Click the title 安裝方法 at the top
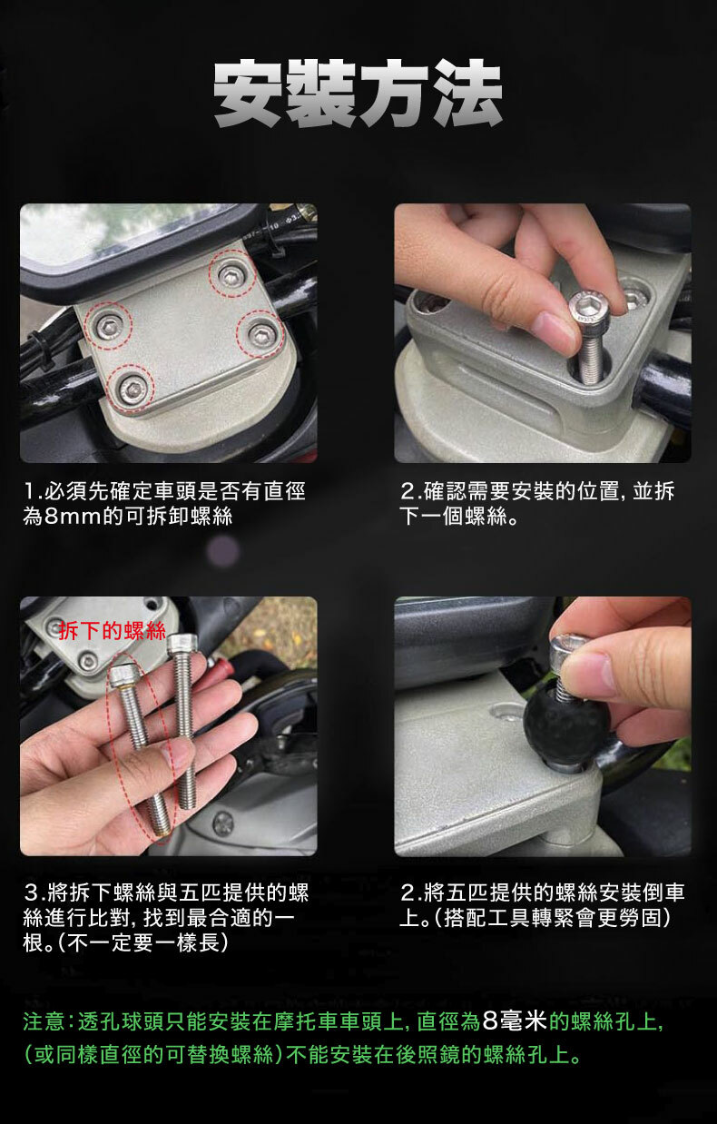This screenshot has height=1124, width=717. pyautogui.click(x=358, y=94)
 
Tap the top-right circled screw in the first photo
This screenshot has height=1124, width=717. pyautogui.click(x=231, y=274)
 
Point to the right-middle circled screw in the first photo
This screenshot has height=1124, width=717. pyautogui.click(x=260, y=334)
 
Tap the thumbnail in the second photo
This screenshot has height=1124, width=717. pyautogui.click(x=554, y=331)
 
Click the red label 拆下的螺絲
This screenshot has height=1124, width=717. pyautogui.click(x=113, y=631)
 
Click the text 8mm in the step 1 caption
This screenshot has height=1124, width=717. pyautogui.click(x=74, y=517)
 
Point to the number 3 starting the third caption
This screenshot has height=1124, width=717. pyautogui.click(x=31, y=892)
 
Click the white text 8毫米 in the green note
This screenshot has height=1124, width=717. pyautogui.click(x=514, y=1019)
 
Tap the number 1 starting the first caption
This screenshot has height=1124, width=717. pyautogui.click(x=30, y=491)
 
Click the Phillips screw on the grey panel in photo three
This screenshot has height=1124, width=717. pyautogui.click(x=222, y=823)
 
